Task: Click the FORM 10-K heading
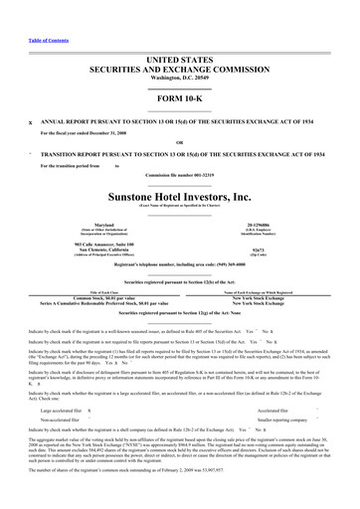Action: pyautogui.click(x=180, y=83)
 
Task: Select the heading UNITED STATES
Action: pyautogui.click(x=180, y=33)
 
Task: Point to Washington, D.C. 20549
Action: pyautogui.click(x=180, y=54)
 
